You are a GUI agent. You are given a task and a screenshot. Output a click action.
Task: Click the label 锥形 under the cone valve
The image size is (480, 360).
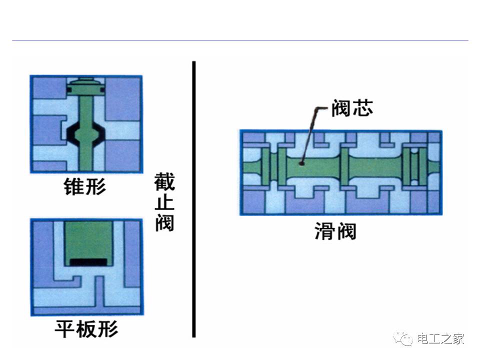point(85,186)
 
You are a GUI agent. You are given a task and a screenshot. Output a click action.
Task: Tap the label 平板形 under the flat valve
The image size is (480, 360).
point(86,329)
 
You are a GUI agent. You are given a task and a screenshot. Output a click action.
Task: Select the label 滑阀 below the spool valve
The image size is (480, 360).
point(335,231)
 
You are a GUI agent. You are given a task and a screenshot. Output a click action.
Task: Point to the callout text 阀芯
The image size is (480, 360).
point(352,108)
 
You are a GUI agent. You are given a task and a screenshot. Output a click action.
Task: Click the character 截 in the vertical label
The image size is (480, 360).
point(164,181)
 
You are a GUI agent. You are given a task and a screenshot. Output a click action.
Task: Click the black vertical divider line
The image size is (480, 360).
point(194,199)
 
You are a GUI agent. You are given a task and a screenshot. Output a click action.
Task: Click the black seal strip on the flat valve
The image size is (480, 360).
point(88,262)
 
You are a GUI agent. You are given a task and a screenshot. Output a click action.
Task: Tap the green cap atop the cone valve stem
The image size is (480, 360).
point(86,86)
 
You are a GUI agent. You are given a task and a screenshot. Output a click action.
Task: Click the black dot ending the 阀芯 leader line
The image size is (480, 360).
point(301,163)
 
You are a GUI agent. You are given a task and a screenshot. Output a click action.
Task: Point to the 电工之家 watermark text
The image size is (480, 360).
point(440,339)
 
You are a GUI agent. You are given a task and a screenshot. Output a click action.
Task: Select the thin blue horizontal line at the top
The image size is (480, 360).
point(240,40)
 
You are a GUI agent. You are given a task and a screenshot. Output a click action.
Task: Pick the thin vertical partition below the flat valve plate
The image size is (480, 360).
point(99,291)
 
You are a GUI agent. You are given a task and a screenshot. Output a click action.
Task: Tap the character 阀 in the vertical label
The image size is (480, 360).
point(164,222)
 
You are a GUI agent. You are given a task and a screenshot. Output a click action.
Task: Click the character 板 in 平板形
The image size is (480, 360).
point(86,329)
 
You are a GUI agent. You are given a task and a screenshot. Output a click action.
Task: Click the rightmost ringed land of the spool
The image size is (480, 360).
point(414,166)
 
